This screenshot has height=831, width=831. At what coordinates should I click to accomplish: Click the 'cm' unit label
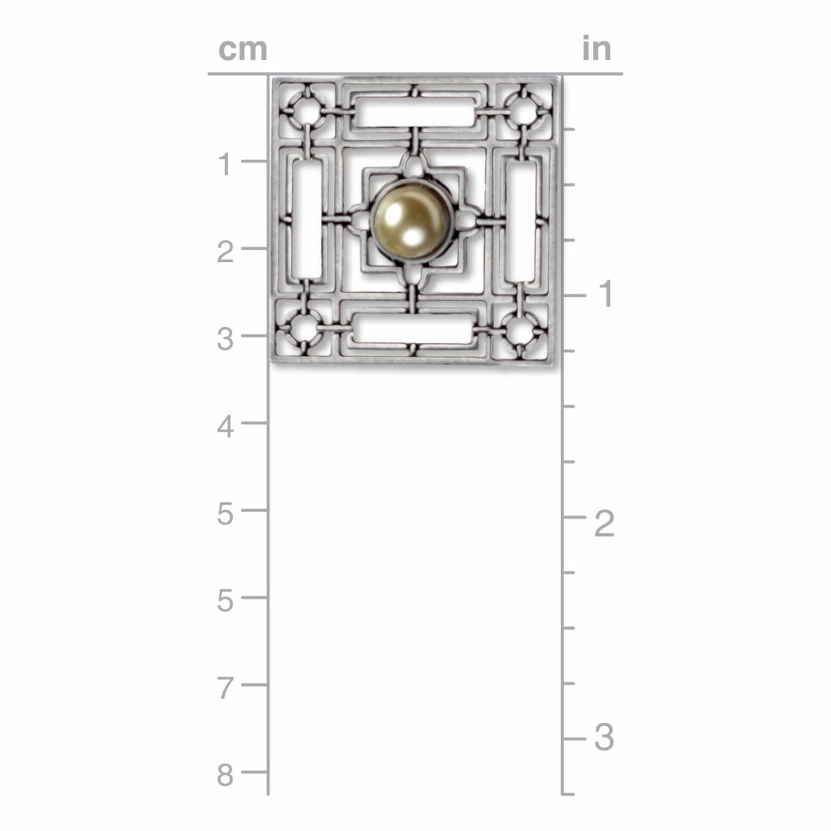coord(243,50)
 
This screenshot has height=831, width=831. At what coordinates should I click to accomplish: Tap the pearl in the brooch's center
coord(411,219)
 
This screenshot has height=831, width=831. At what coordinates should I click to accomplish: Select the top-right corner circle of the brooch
coord(523,112)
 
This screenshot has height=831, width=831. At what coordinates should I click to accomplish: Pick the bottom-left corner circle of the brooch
coord(306,329)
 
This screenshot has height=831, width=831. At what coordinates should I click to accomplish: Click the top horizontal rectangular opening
coord(416,112)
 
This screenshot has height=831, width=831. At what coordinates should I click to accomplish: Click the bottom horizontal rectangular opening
coord(413,329)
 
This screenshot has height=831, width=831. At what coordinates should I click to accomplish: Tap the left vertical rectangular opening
coord(308,219)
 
